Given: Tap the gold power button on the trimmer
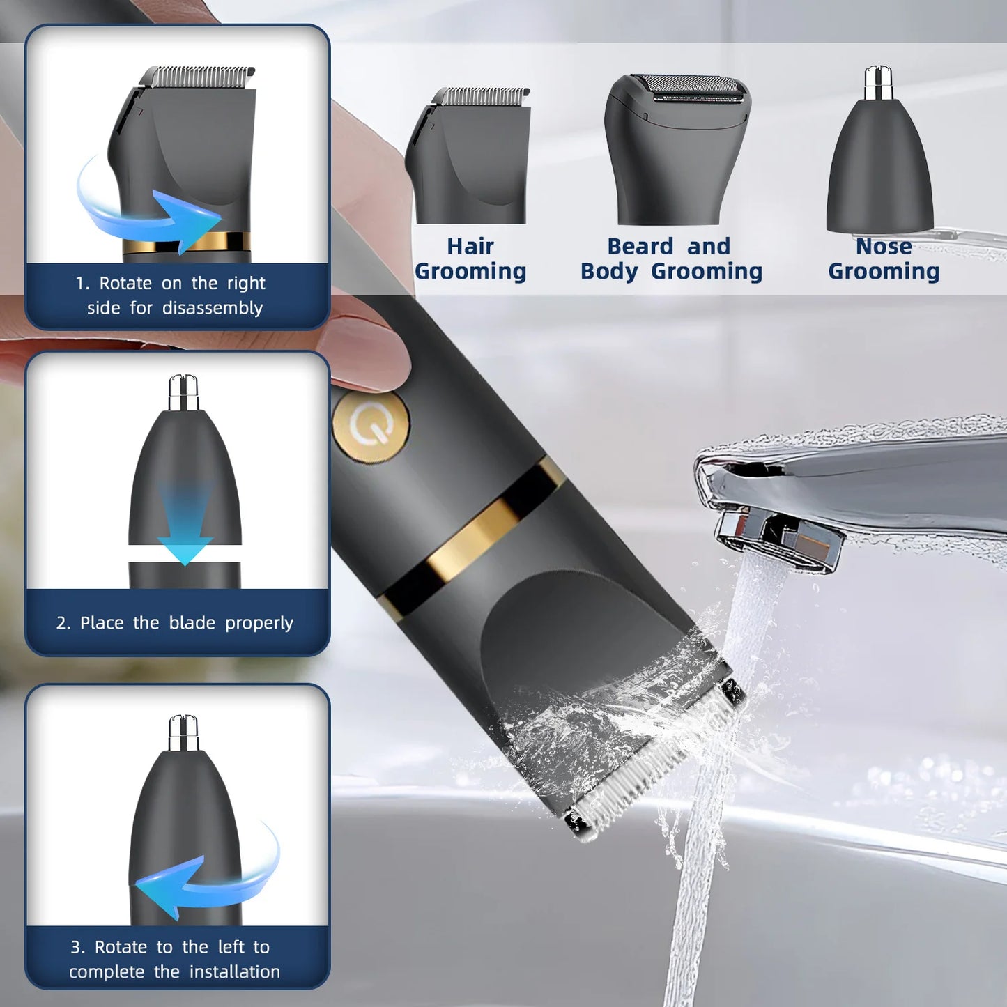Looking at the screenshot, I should [370, 426].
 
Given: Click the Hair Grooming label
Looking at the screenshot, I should [470, 259].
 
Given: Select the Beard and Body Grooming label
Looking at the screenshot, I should [671, 259].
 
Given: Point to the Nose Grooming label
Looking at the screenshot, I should [884, 259].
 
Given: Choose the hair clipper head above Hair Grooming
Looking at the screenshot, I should [471, 157].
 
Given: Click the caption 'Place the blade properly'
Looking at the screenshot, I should [175, 622].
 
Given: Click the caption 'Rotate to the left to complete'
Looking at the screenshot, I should [174, 959].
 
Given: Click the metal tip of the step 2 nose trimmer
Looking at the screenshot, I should [184, 392].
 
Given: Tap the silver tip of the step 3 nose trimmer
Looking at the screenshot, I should [184, 732].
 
